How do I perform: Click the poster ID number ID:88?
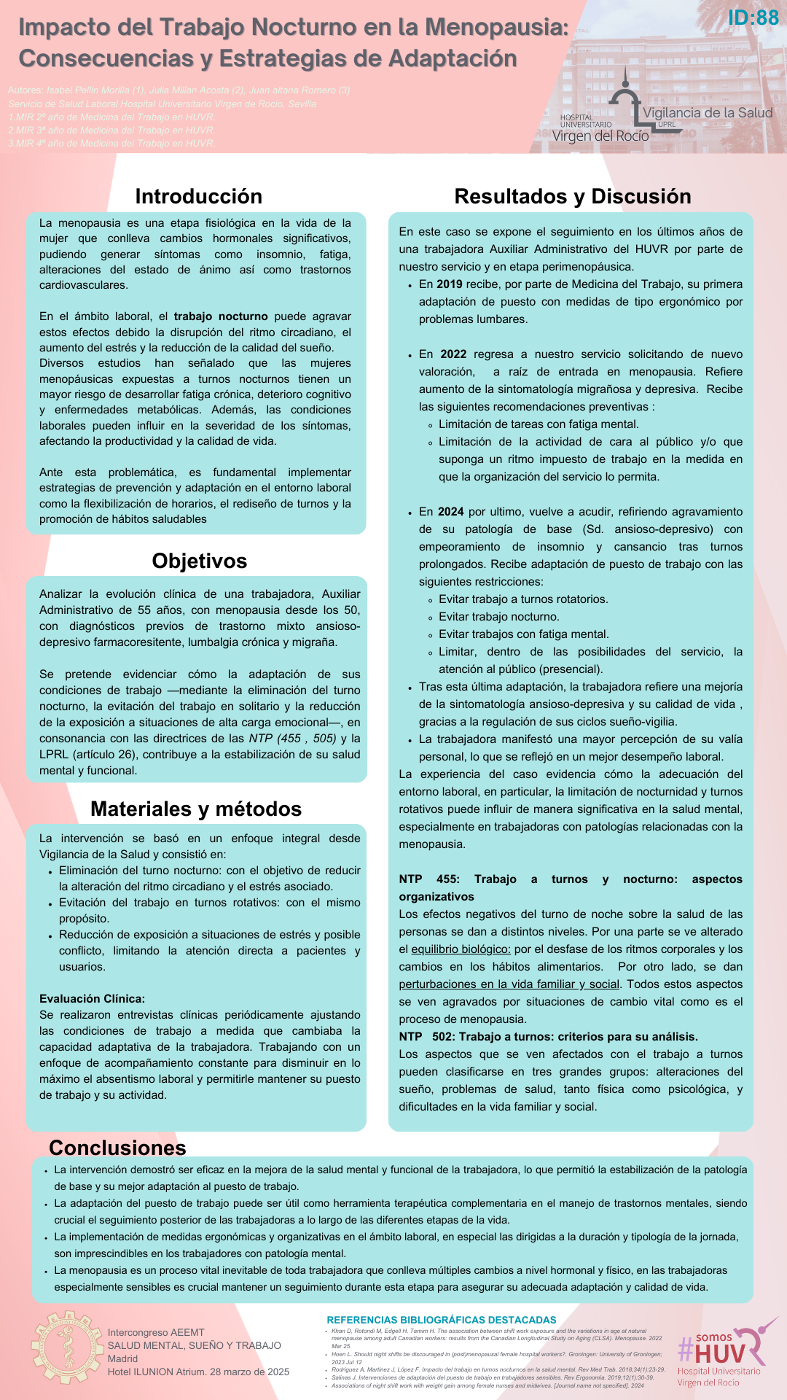click(x=753, y=17)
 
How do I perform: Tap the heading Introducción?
click(x=198, y=196)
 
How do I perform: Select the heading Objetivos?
click(x=199, y=561)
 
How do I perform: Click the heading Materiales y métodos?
click(x=195, y=809)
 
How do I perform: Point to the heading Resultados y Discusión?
click(x=572, y=196)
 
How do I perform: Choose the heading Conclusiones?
click(x=117, y=1148)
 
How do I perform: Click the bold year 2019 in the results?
click(x=449, y=284)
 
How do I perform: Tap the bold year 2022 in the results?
click(x=453, y=354)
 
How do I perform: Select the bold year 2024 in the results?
click(x=450, y=512)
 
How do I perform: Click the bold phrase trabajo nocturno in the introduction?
click(x=221, y=316)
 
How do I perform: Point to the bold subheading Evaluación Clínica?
click(x=92, y=999)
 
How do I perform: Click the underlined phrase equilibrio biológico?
click(x=461, y=949)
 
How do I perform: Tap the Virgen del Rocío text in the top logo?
click(x=600, y=136)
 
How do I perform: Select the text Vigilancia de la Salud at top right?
click(x=707, y=112)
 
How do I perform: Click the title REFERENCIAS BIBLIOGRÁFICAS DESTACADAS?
click(x=441, y=1320)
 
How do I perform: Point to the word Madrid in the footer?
click(x=122, y=1358)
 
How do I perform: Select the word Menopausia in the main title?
click(x=496, y=27)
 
